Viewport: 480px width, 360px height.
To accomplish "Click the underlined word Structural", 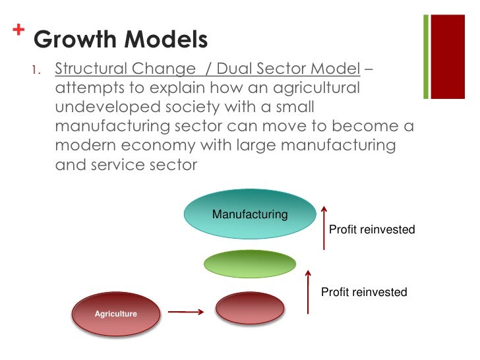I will coord(96,69).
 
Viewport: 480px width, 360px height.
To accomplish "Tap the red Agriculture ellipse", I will coord(116,314).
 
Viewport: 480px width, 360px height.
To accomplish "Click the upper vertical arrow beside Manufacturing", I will coord(324,227).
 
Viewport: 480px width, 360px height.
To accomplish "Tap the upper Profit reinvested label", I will coord(372,230).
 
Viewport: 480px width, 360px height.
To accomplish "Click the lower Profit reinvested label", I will coord(364,292).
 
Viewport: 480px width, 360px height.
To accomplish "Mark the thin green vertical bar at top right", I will coord(426,58).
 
